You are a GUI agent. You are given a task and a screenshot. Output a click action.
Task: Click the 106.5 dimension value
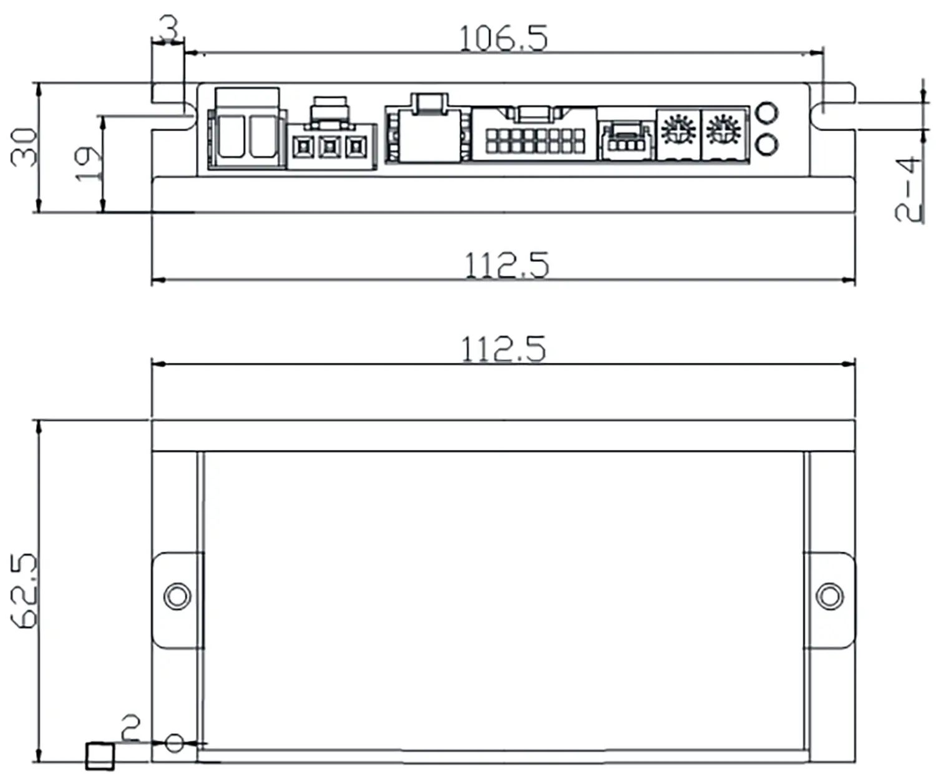pos(503,38)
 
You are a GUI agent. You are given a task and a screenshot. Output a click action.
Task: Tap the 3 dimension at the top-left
pos(168,27)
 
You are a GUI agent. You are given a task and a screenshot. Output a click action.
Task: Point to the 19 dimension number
pos(87,164)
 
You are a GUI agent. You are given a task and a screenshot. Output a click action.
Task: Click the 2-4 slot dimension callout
pos(909,190)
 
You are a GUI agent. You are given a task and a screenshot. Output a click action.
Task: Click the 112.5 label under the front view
pos(507,265)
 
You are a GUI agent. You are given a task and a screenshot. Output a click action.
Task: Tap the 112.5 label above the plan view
pos(503,349)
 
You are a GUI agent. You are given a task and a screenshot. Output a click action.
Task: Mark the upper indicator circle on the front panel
pos(766,113)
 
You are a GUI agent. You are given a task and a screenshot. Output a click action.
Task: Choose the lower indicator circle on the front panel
pos(766,145)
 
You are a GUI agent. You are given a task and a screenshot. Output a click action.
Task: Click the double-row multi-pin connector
pos(535,140)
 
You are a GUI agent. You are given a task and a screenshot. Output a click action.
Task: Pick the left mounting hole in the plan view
pos(177,596)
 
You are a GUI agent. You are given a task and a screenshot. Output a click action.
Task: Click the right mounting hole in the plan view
pos(829,596)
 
